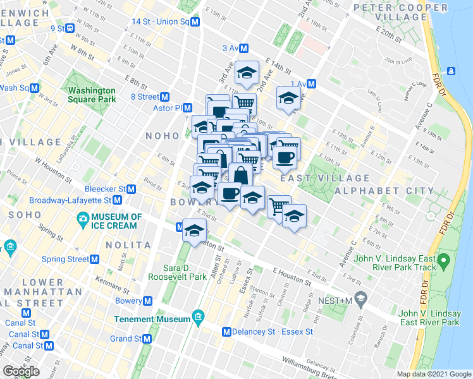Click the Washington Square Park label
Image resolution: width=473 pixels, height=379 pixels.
92,95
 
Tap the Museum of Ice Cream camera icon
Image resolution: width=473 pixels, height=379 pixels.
82,220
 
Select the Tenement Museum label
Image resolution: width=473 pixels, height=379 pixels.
152,319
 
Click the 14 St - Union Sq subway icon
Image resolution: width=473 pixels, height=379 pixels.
195,21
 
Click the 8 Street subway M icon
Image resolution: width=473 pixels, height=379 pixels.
164,97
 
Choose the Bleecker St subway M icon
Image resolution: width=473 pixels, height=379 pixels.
132,189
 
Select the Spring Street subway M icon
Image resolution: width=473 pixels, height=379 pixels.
95,259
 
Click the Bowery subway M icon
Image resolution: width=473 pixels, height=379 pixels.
147,301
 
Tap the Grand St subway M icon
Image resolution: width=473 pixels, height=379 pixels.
147,339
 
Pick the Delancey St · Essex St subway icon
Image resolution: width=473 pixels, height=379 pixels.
226,332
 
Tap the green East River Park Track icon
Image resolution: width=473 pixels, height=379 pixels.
444,259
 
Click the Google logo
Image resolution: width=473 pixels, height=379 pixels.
21,371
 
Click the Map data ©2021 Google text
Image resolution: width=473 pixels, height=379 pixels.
433,374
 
